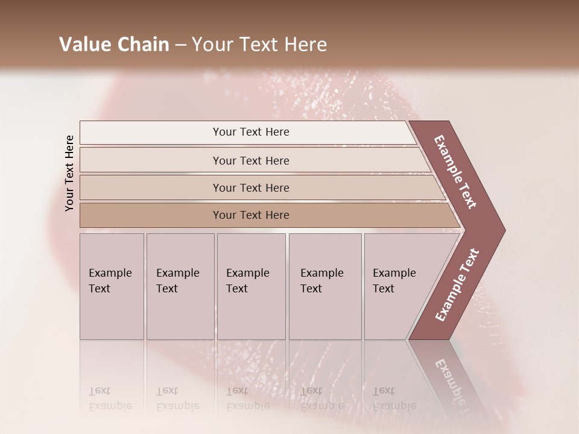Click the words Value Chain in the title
click(114, 45)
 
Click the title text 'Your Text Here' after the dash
click(259, 45)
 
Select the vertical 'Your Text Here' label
click(69, 173)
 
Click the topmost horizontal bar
click(250, 132)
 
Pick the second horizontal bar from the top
click(250, 160)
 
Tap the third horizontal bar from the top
click(250, 187)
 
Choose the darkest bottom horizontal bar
click(250, 215)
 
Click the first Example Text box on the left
click(112, 286)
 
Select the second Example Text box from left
click(180, 286)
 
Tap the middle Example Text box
click(251, 286)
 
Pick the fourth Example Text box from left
click(324, 286)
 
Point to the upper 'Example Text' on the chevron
click(455, 172)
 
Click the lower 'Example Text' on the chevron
click(457, 285)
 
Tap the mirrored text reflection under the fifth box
click(394, 398)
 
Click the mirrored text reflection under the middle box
click(247, 398)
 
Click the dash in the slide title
click(180, 45)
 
